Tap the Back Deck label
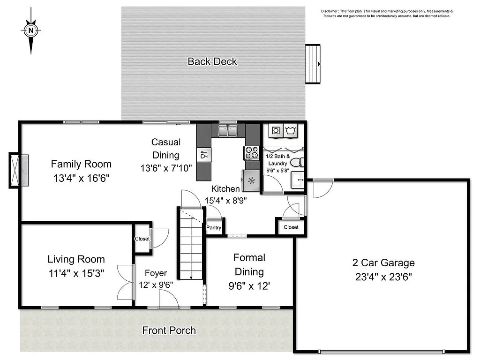click(212, 61)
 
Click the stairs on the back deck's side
click(313, 64)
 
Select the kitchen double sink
click(228, 130)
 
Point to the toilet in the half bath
click(296, 163)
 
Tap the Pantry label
click(214, 228)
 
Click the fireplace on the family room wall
click(19, 170)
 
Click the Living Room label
click(76, 259)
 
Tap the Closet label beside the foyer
click(142, 239)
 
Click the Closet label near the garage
click(291, 227)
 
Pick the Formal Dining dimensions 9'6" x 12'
click(249, 285)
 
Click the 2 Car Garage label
click(383, 263)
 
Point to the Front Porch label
click(169, 330)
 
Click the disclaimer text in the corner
click(387, 13)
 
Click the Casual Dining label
click(166, 148)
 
